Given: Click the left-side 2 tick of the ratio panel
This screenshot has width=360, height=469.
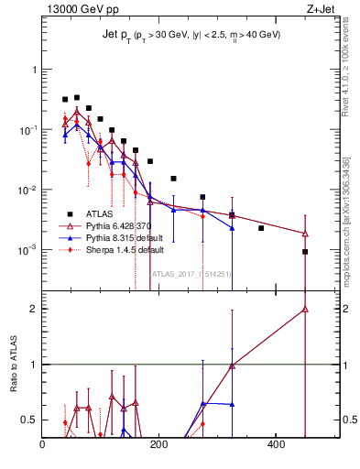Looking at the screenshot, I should [x=33, y=309].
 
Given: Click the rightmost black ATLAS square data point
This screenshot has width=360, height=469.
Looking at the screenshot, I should [x=305, y=252].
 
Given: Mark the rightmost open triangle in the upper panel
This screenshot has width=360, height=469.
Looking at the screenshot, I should [x=305, y=234].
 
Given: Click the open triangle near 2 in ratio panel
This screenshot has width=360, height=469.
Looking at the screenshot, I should [x=305, y=310].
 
